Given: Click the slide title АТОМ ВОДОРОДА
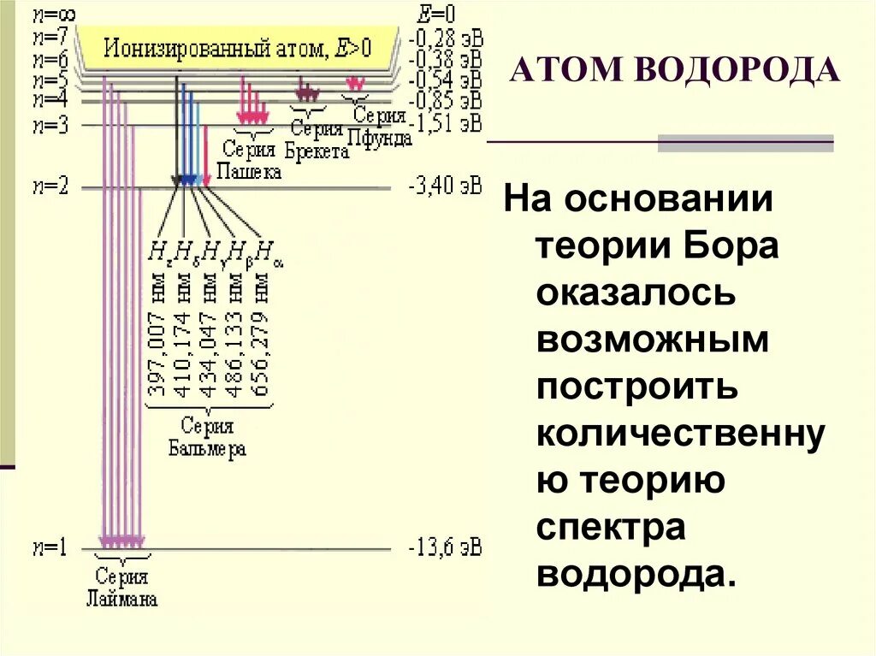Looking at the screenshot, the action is pyautogui.click(x=674, y=69).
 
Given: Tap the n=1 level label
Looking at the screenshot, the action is pyautogui.click(x=49, y=547).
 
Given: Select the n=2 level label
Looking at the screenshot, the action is pyautogui.click(x=49, y=187).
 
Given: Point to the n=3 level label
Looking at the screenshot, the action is pyautogui.click(x=49, y=125).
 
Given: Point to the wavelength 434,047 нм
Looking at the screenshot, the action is pyautogui.click(x=210, y=343).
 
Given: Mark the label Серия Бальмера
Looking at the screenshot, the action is pyautogui.click(x=207, y=436).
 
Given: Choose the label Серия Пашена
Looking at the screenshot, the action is pyautogui.click(x=249, y=160).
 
